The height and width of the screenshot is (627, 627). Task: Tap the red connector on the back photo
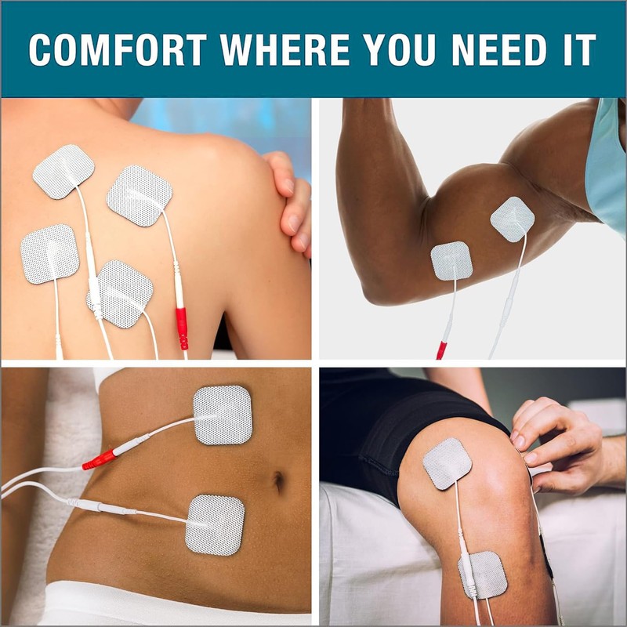tap(182, 327)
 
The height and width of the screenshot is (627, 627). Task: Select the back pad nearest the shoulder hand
tap(139, 194)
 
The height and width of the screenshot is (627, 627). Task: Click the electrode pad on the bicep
tap(512, 219)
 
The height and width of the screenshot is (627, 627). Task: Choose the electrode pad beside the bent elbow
tap(451, 260)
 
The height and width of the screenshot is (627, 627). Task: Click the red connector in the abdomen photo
tap(99, 459)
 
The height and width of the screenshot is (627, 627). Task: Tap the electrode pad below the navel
tap(215, 524)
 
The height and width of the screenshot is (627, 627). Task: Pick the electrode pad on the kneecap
tap(447, 463)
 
